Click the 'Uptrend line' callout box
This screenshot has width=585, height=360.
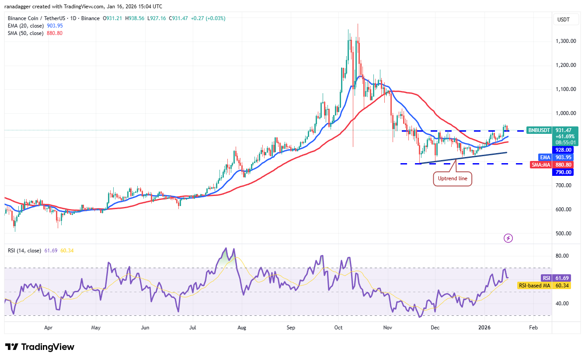(453, 179)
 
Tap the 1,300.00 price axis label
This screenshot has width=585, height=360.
(563, 41)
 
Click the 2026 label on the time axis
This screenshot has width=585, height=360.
(484, 327)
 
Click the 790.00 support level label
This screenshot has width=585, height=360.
(564, 172)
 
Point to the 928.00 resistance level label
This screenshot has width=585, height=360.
(564, 150)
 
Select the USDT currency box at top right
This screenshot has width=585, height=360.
(563, 20)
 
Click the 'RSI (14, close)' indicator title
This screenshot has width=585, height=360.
(24, 251)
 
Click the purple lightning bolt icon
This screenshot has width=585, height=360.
(508, 238)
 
